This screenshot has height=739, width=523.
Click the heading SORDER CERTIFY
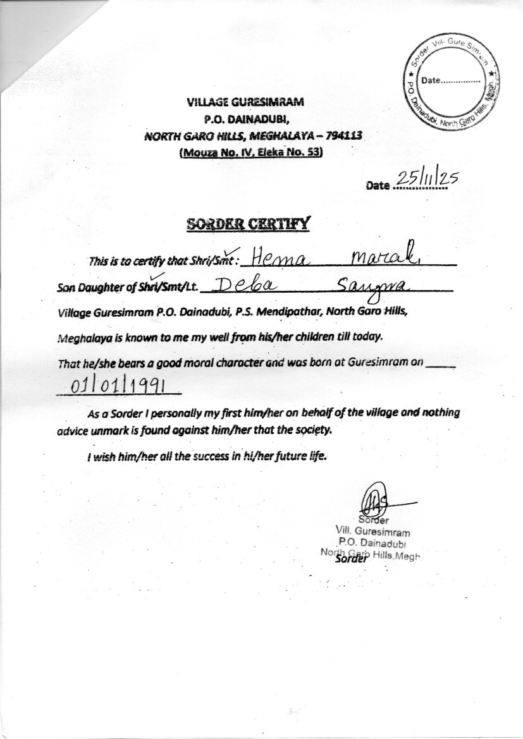248,224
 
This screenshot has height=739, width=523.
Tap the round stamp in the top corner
454,80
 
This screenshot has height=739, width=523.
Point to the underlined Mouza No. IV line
251,152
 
